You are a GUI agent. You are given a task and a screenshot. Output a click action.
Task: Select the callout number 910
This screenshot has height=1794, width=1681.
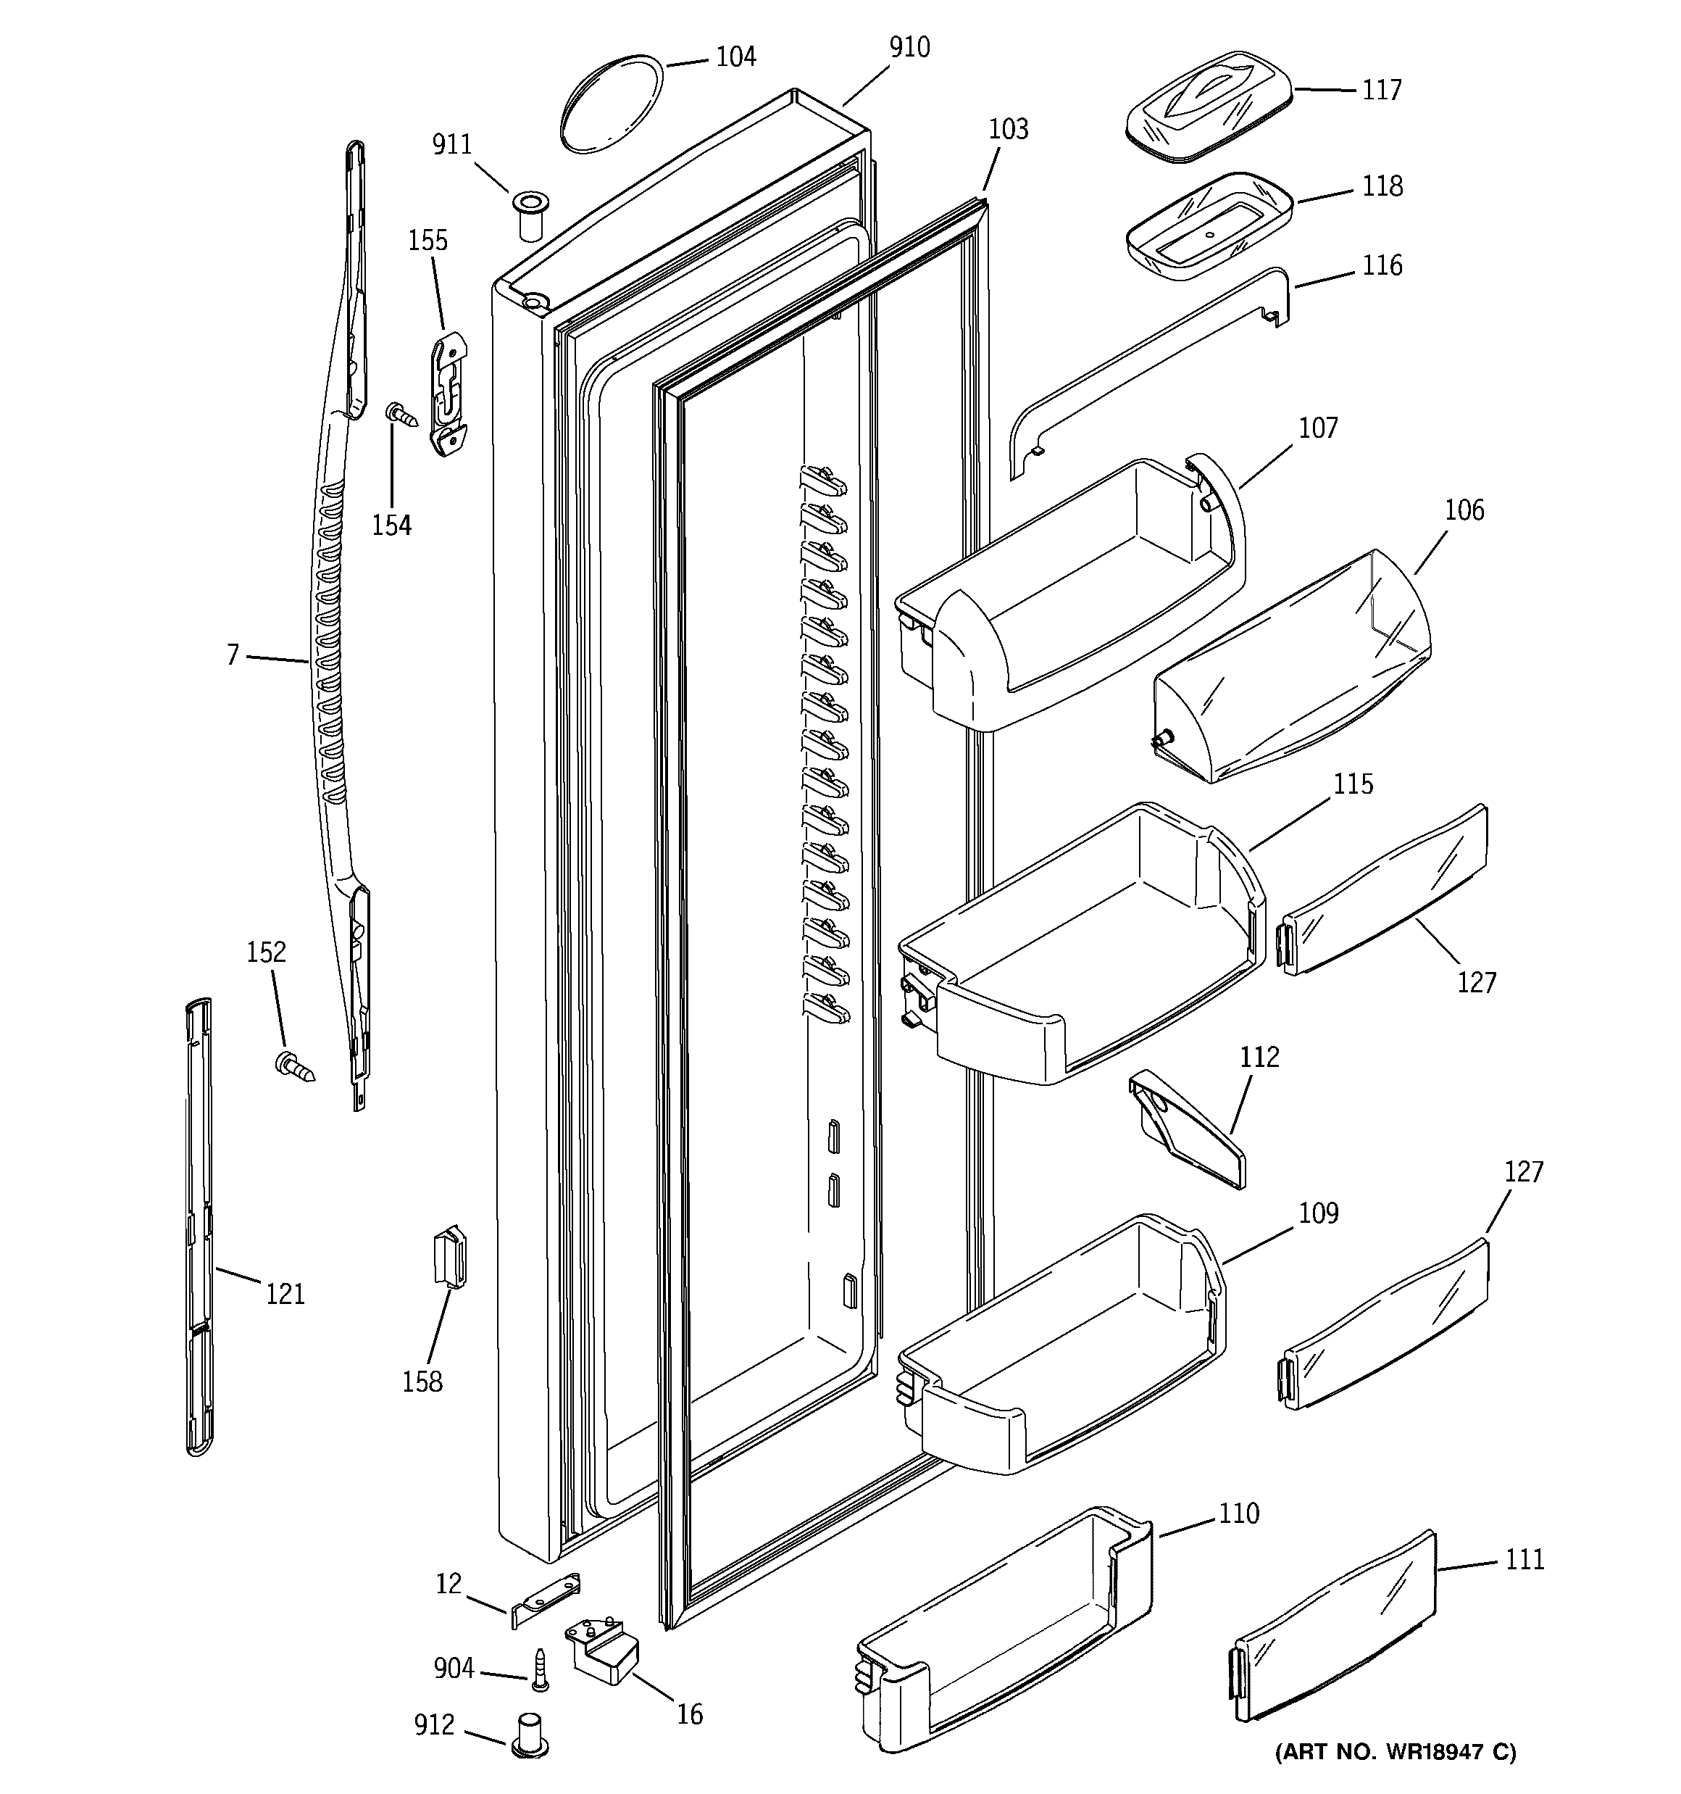(909, 48)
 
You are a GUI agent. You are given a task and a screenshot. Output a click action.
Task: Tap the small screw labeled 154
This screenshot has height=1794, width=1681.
(402, 416)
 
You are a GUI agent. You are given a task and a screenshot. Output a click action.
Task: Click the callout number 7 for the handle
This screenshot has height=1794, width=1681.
(233, 655)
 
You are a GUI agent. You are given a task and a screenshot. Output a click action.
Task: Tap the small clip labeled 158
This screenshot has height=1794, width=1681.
(450, 1257)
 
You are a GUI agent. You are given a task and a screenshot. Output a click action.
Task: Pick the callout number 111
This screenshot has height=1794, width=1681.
(1524, 1559)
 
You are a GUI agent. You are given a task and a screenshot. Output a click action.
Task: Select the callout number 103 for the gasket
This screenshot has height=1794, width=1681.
(1008, 130)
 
